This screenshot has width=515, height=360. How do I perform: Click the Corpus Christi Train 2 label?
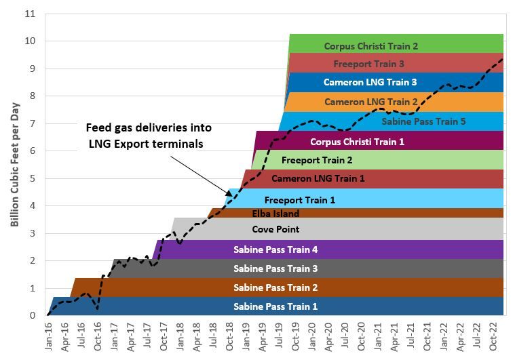(x=370, y=46)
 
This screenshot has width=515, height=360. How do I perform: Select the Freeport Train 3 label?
(x=368, y=64)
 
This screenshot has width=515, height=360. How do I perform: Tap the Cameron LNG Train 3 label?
(x=370, y=83)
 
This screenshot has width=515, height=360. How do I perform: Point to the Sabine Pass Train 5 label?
(x=423, y=122)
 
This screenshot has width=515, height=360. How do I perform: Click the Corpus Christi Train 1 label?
(x=357, y=142)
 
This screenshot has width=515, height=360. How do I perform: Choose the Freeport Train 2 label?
(x=316, y=161)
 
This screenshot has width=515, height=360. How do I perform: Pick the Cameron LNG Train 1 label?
(x=318, y=179)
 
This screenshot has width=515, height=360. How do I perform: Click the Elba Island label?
(x=275, y=214)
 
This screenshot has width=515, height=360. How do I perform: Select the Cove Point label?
(x=275, y=229)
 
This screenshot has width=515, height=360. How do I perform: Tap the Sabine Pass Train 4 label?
(x=275, y=249)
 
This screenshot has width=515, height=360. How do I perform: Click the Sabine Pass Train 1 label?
(x=275, y=306)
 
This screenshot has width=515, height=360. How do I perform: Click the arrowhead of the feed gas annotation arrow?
(x=231, y=194)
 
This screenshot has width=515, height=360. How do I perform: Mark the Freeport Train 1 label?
(x=299, y=200)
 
